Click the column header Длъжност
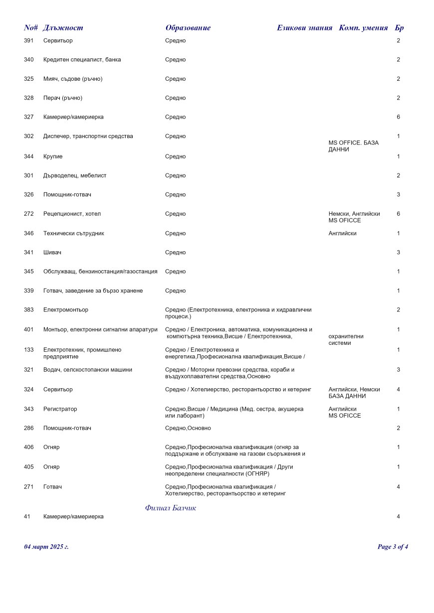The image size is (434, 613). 63,28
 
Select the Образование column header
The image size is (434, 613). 188,28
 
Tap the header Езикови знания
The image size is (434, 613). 304,28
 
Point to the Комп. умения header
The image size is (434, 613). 363,28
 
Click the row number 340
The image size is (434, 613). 29,60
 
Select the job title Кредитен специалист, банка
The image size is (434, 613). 82,60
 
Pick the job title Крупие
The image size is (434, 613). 53,156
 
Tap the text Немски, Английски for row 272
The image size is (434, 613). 354,214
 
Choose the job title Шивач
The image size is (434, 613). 52,253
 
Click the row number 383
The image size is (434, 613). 29,310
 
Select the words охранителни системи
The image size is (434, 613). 345,339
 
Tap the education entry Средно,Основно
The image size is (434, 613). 188,428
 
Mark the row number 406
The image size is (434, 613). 29,448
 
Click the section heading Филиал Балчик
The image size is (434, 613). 171,508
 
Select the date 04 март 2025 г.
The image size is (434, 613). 46,547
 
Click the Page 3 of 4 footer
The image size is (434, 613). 393,547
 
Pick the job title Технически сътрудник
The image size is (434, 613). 74,233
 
